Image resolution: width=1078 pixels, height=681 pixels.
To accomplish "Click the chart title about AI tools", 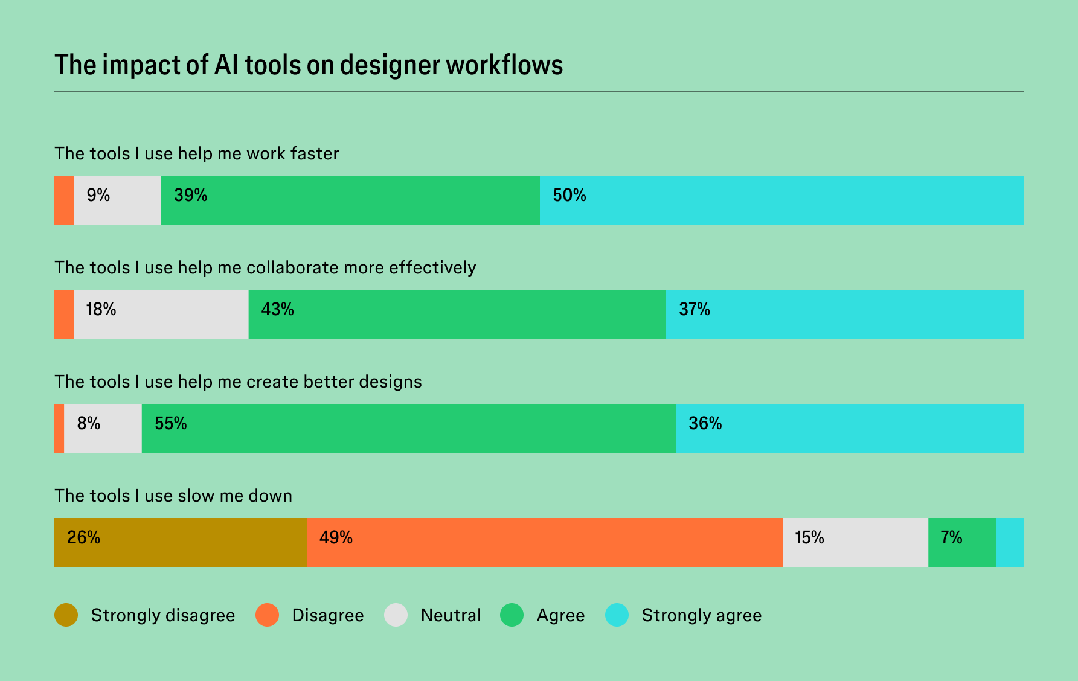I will click(x=309, y=65).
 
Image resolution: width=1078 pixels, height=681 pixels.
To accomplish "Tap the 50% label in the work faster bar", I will click(x=569, y=196).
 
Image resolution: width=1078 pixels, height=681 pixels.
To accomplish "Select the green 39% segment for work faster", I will click(x=350, y=200).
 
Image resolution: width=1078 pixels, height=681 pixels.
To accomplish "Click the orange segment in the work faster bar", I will click(x=64, y=200).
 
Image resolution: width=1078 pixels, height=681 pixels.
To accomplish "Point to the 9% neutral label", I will click(x=98, y=196).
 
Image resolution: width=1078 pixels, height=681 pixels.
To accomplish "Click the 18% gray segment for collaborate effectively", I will click(x=161, y=315).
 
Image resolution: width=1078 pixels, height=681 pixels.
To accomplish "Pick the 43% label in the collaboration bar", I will click(x=277, y=310).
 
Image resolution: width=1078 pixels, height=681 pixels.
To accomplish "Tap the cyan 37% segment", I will click(x=844, y=315).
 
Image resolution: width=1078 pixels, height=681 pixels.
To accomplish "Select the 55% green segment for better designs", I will click(x=408, y=429).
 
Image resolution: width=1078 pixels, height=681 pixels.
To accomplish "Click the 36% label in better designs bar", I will click(x=705, y=424).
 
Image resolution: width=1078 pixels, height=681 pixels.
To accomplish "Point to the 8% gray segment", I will click(x=103, y=429).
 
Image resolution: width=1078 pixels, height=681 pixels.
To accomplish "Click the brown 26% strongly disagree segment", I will click(x=180, y=543).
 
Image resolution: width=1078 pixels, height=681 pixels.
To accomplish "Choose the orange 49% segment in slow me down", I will click(x=544, y=543).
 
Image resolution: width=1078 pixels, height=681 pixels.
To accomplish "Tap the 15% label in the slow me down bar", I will click(x=809, y=538).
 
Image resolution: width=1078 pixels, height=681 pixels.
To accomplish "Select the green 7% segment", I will click(x=961, y=543).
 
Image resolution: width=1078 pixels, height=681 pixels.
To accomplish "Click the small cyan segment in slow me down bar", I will click(x=1010, y=543).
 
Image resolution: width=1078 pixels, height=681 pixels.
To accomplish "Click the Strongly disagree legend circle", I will click(x=66, y=615).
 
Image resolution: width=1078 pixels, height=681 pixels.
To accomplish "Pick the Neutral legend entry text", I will click(x=451, y=615).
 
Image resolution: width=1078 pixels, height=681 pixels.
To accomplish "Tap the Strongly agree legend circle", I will click(x=617, y=615).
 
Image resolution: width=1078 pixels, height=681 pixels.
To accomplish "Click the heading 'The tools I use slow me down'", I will click(x=173, y=496).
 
